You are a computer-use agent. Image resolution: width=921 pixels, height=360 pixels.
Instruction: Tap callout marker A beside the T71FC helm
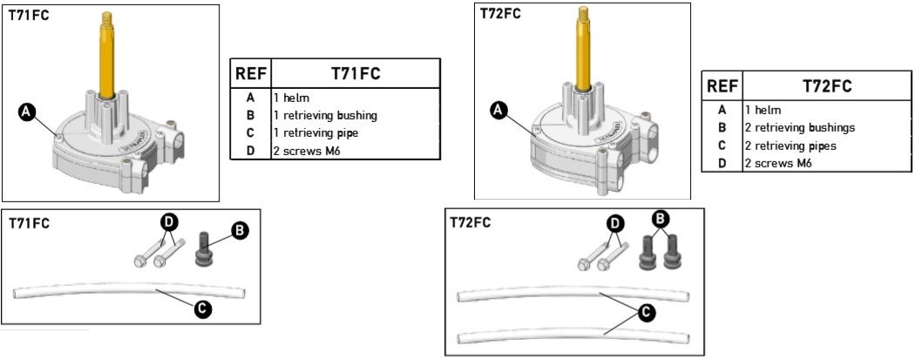tap(26, 111)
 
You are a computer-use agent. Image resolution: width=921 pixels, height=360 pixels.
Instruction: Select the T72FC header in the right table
tap(826, 85)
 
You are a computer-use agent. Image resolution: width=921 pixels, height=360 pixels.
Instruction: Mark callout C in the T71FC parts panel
tap(202, 309)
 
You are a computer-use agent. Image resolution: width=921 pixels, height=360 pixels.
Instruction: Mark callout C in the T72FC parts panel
tap(646, 311)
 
